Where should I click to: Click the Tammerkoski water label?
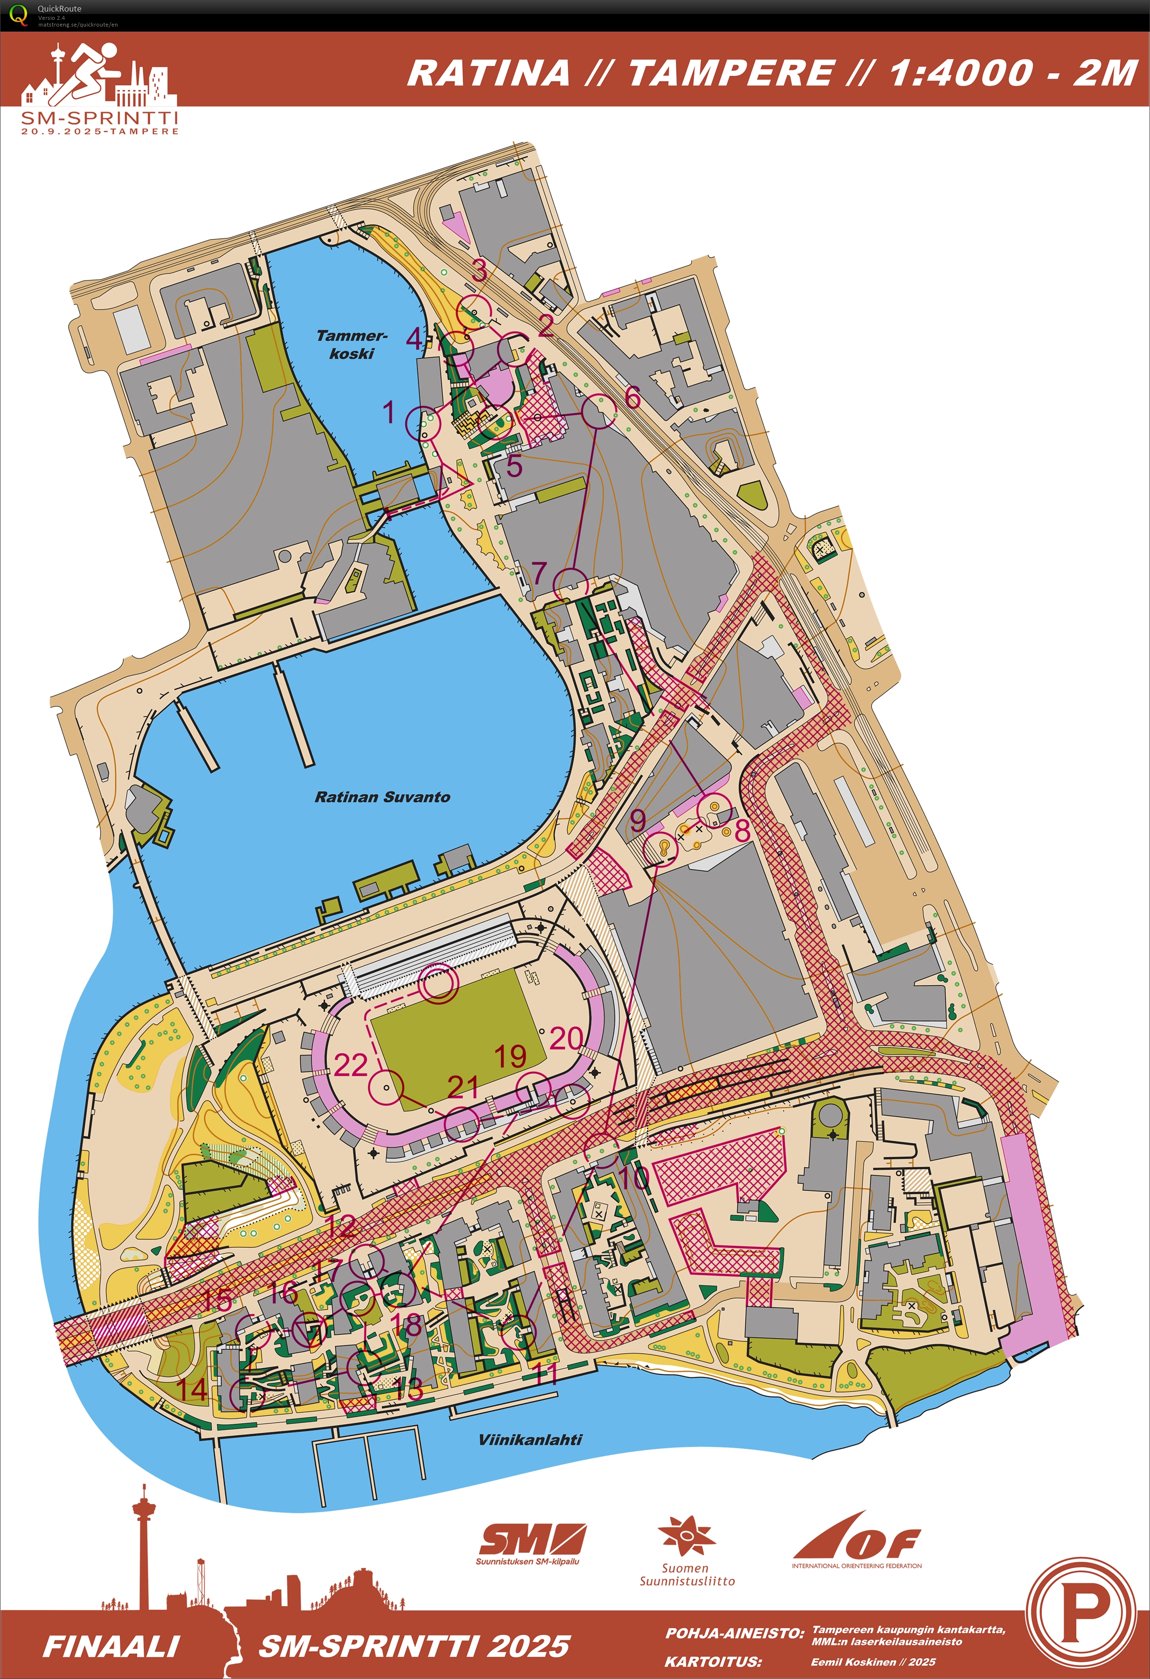(x=351, y=345)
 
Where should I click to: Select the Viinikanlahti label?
(x=530, y=1439)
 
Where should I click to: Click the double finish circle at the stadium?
(x=439, y=983)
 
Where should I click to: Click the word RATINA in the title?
(x=488, y=73)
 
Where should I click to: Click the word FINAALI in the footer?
(x=111, y=1647)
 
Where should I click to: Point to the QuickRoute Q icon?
(x=18, y=15)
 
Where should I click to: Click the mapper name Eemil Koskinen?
(x=873, y=1662)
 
